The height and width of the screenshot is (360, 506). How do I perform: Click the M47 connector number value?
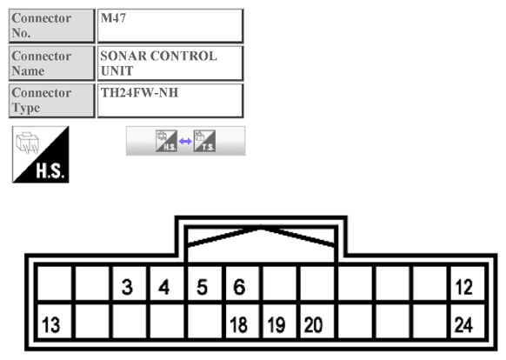(x=113, y=18)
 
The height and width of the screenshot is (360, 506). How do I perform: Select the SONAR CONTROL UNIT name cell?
(x=170, y=63)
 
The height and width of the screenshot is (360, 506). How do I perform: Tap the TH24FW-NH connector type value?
(x=139, y=93)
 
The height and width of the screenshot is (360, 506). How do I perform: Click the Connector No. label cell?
(x=51, y=25)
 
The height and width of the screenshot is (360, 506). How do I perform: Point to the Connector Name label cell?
(x=51, y=63)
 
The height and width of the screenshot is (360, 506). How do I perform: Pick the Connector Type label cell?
(x=51, y=100)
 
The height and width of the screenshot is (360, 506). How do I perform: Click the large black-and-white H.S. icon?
(x=41, y=155)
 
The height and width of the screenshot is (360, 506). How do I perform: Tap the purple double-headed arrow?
(x=185, y=141)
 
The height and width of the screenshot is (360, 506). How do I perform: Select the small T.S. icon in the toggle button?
(x=204, y=141)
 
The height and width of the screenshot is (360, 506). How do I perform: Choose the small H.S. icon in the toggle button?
(x=166, y=141)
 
